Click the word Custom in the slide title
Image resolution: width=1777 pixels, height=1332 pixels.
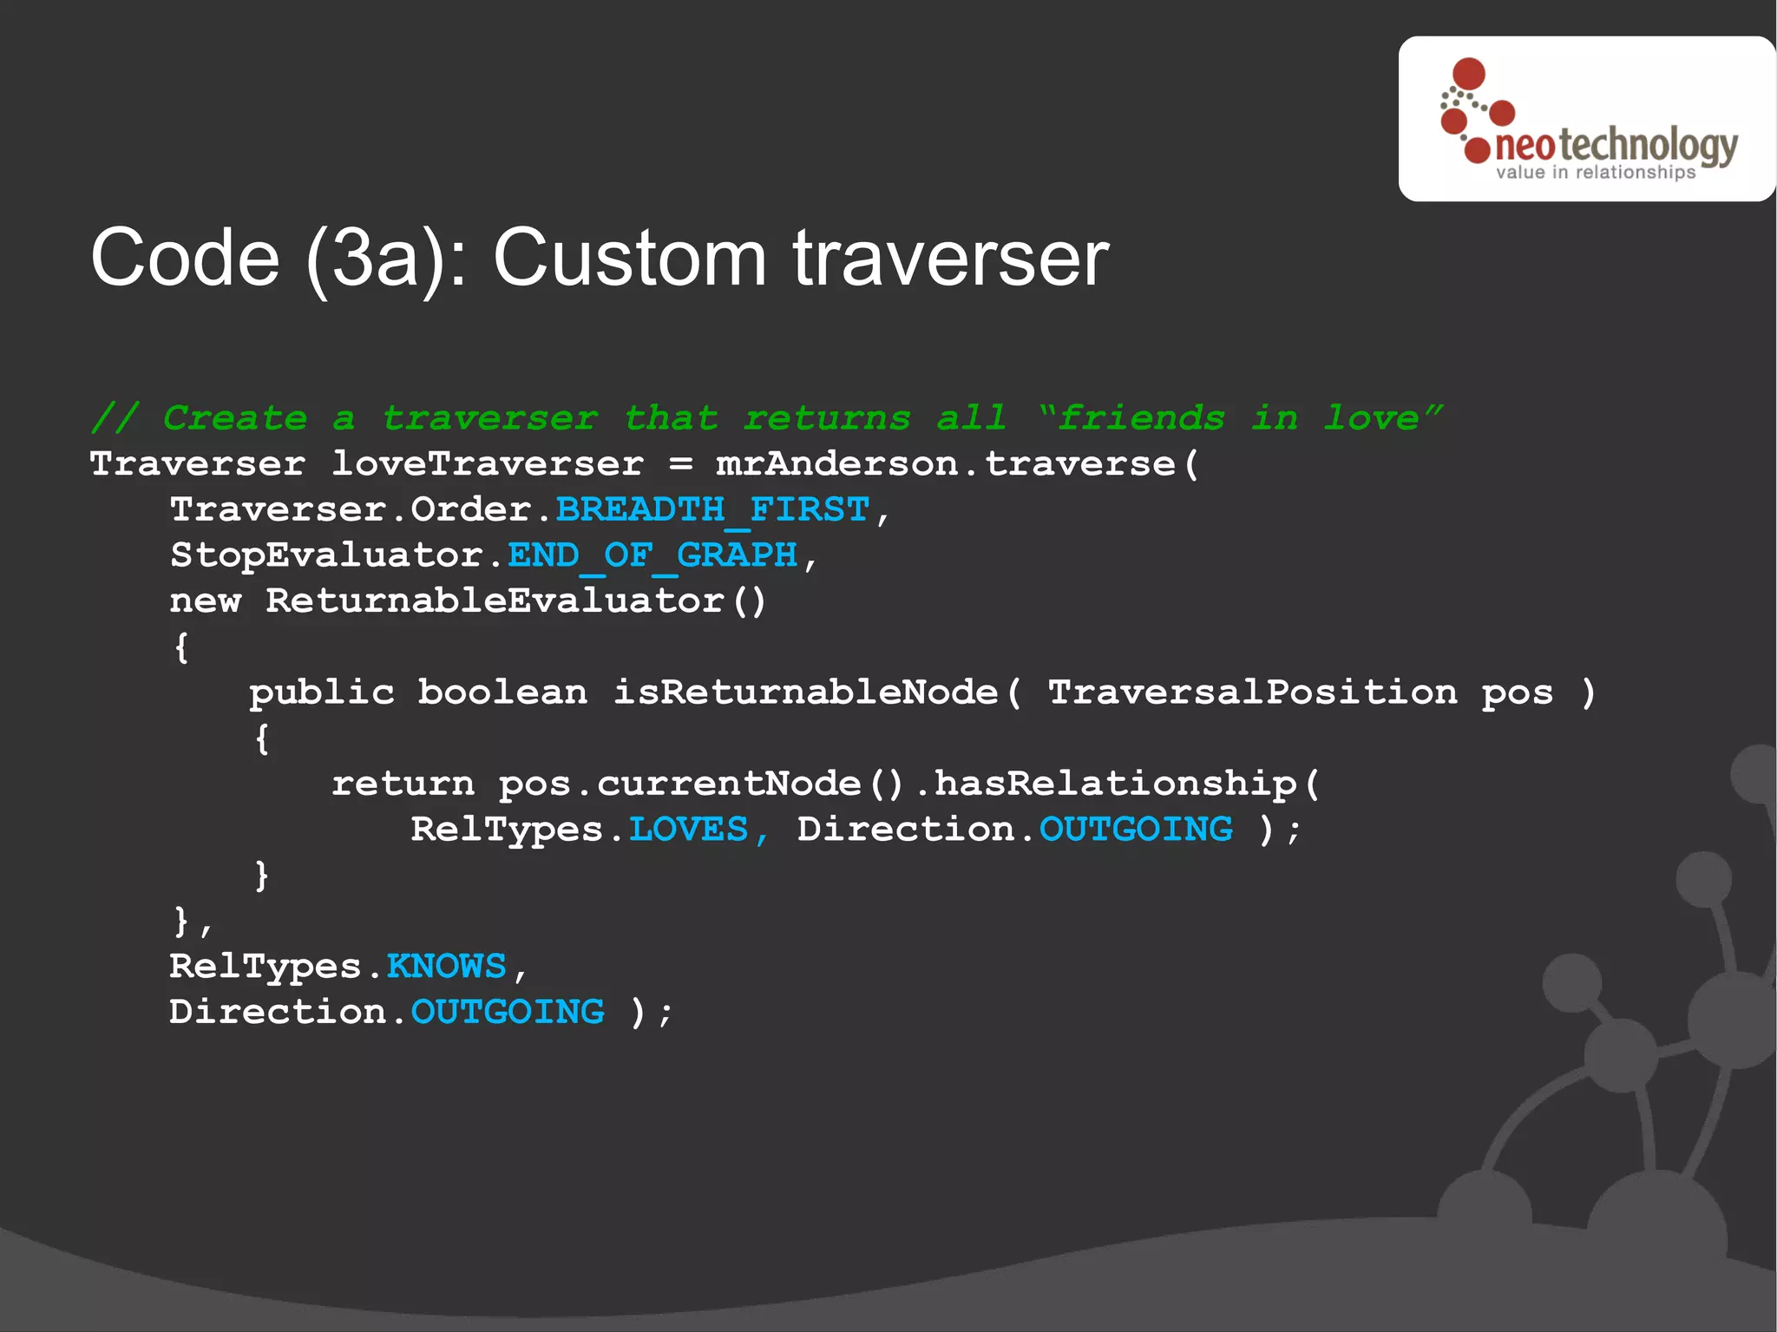tap(630, 258)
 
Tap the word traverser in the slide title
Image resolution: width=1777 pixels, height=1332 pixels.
tap(951, 258)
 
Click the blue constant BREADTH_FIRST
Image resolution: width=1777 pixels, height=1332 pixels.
tap(711, 509)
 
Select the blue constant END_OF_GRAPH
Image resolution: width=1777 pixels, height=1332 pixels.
tap(652, 555)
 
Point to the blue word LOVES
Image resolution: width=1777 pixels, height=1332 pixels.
tap(688, 830)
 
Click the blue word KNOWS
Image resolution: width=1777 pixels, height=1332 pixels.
tap(446, 967)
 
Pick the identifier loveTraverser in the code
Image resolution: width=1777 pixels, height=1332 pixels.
tap(488, 464)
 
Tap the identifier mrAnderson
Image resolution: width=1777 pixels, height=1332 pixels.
tap(836, 464)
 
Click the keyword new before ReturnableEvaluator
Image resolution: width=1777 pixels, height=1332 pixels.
tap(205, 600)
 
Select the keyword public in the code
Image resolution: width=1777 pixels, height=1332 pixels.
tap(322, 692)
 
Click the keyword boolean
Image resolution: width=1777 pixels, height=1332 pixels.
tap(502, 692)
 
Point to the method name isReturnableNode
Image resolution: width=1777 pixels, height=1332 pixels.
tap(806, 692)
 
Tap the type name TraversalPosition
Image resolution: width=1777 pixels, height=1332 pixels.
tap(1252, 692)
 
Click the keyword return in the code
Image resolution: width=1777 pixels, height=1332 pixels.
tap(403, 784)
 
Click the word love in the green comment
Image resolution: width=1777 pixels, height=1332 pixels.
tap(1371, 418)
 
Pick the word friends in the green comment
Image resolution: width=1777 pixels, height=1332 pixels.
tap(1141, 418)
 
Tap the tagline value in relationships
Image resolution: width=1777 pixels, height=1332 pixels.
tap(1595, 173)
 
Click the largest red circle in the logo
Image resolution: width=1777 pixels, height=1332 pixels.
tap(1469, 75)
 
